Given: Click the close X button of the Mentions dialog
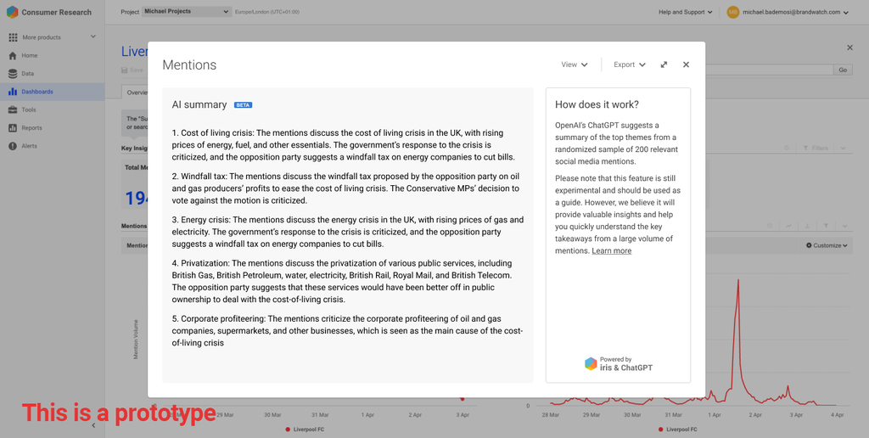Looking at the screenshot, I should tap(686, 65).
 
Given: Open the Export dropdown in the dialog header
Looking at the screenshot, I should tap(630, 65).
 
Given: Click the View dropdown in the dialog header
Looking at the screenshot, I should tap(575, 65).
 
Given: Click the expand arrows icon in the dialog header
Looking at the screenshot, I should tap(664, 65).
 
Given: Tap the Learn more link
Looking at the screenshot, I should tap(611, 251).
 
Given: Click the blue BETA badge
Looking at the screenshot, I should tap(243, 105).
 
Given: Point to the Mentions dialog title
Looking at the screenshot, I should tap(189, 65).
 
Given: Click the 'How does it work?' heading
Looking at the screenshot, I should tap(597, 104).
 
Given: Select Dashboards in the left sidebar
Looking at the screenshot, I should tap(37, 92).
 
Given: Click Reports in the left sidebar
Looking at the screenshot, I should tap(32, 128).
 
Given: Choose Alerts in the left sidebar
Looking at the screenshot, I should tap(30, 146).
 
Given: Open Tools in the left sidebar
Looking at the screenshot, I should tap(29, 109).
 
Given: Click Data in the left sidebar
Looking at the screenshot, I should tap(28, 74).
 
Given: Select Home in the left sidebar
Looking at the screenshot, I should tap(30, 55).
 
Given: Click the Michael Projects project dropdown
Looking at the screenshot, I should tap(186, 12).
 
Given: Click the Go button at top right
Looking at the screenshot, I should tap(843, 70).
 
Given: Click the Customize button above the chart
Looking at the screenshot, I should tap(827, 245).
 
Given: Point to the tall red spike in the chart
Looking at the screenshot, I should tap(738, 289).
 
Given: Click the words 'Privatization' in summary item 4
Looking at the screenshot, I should tap(205, 263).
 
